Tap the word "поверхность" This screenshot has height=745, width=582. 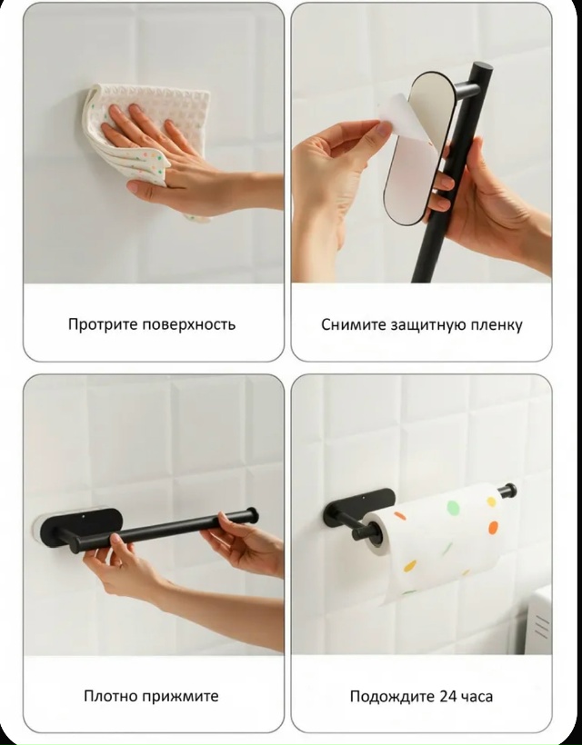tap(189, 325)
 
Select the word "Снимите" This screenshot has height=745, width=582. tap(354, 325)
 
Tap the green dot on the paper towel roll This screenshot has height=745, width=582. tap(453, 508)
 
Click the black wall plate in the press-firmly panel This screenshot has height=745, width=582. tap(81, 529)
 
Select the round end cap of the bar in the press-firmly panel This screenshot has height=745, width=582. tap(253, 515)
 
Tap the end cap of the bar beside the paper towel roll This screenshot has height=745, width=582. tap(510, 491)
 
